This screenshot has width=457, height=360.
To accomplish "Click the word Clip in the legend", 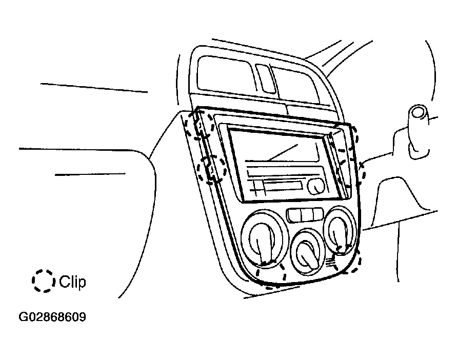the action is point(72,282).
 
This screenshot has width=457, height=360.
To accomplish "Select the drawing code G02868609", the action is point(52,317).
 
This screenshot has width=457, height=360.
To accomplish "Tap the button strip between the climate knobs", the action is point(305,215).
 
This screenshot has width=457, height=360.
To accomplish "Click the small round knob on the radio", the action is point(316,187).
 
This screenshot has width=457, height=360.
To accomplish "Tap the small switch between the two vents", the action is point(266,78).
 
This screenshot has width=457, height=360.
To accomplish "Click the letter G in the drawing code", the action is point(23,317).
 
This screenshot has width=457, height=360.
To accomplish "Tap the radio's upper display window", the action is point(274,145).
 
